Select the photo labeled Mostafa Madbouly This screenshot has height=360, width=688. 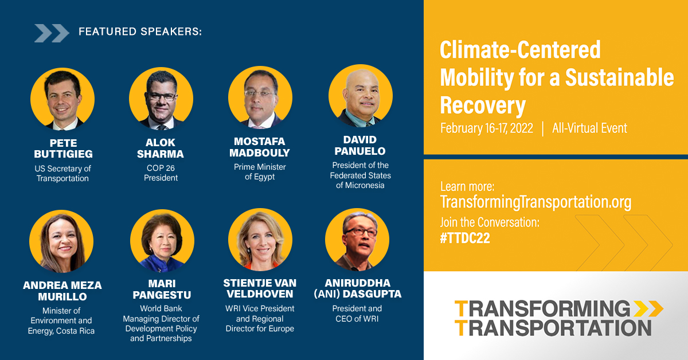pyautogui.click(x=260, y=98)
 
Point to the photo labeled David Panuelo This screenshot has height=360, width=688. pyautogui.click(x=360, y=96)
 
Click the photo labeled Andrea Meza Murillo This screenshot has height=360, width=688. pyautogui.click(x=61, y=241)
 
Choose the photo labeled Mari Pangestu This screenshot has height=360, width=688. pyautogui.click(x=162, y=241)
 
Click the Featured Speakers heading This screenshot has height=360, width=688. pyautogui.click(x=140, y=32)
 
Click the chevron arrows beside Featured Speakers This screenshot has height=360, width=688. pyautogui.click(x=52, y=33)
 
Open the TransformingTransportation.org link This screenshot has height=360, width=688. pyautogui.click(x=535, y=202)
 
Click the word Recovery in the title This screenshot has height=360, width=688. pyautogui.click(x=483, y=105)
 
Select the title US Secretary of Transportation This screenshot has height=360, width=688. pyautogui.click(x=62, y=173)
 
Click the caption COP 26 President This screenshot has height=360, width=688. pyautogui.click(x=161, y=173)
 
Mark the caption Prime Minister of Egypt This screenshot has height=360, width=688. pyautogui.click(x=260, y=172)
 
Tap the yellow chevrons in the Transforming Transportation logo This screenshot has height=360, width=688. pyautogui.click(x=648, y=308)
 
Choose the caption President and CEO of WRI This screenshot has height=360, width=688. pyautogui.click(x=357, y=314)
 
